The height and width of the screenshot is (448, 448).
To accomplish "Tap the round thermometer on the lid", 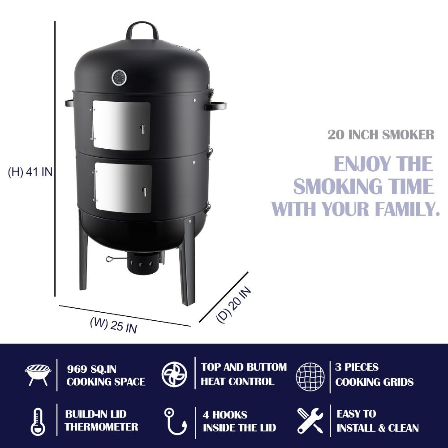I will [x=119, y=78].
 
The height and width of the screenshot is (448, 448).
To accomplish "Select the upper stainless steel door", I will [x=121, y=125].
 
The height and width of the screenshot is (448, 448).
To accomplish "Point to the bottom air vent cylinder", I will [x=144, y=264].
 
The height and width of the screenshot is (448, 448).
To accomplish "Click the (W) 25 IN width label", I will [x=113, y=324].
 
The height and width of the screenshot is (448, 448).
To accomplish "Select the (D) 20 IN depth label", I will [x=233, y=305].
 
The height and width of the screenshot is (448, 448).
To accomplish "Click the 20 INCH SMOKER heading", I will [x=380, y=135].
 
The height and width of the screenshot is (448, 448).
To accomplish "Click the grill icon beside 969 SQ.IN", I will [x=38, y=375].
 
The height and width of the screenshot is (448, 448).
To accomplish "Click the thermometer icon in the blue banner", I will [x=38, y=421].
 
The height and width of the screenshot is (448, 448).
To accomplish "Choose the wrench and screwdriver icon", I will [x=310, y=420].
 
